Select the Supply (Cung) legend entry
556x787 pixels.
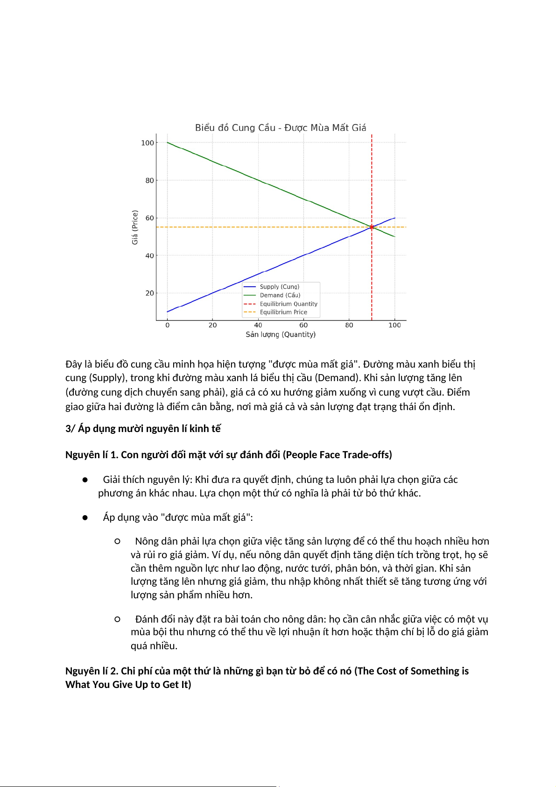279,287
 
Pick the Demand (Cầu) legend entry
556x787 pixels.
280,295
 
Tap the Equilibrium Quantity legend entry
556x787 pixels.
288,304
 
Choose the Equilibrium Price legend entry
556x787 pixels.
283,312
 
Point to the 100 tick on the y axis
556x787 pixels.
148,143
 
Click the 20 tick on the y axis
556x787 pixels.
149,293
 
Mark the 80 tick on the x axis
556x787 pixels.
349,325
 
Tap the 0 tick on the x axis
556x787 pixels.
168,325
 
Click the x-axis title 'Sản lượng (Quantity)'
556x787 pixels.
281,334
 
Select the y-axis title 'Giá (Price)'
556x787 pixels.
135,227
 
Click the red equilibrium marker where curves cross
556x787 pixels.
372,227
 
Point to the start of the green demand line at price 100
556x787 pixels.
168,142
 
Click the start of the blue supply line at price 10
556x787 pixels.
168,312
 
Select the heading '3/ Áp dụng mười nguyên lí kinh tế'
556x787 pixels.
143,429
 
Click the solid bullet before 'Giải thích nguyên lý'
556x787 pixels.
85,480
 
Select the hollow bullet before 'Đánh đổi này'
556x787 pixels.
117,619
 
